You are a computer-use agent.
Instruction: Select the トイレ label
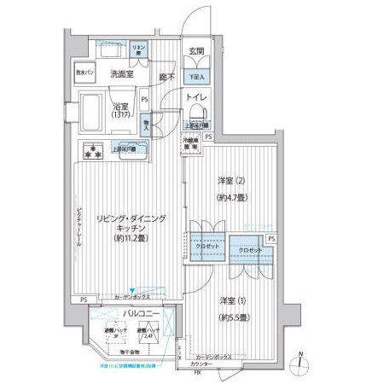197,96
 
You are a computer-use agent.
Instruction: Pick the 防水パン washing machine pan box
86,74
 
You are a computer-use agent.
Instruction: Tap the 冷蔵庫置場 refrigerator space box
195,146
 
